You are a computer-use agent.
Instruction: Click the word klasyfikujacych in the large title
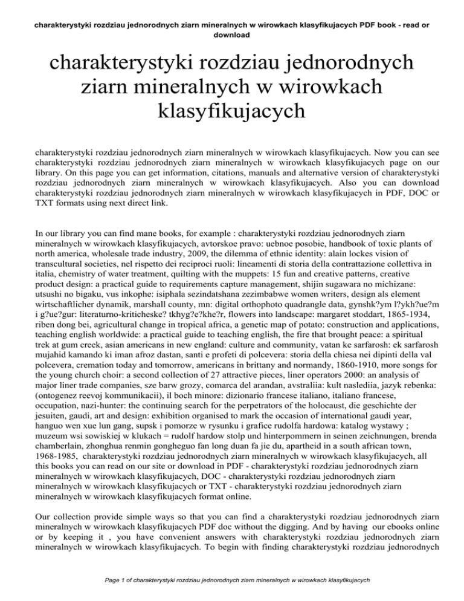[231, 111]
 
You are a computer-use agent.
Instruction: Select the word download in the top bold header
[231, 35]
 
